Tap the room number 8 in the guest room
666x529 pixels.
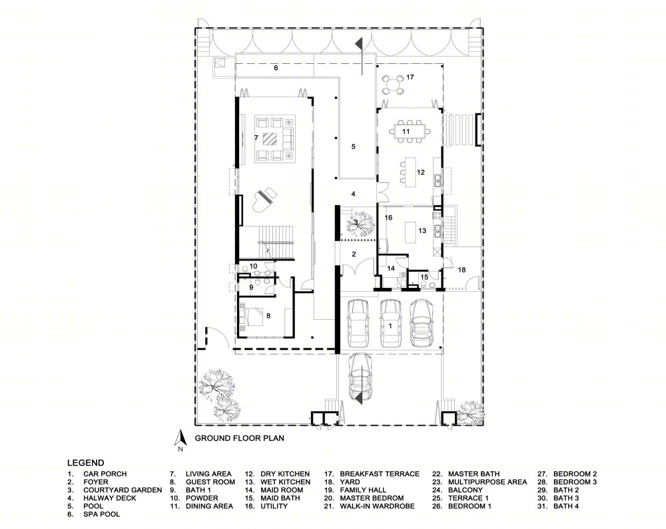[x=268, y=316]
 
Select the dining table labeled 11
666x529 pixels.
[x=406, y=131]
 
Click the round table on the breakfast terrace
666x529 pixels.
[x=393, y=85]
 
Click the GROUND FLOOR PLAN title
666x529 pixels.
[x=240, y=438]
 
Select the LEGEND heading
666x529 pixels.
[x=85, y=463]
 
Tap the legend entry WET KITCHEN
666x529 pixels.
[x=286, y=482]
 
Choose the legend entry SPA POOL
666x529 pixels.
[x=101, y=514]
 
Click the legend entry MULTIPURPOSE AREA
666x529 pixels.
[x=488, y=482]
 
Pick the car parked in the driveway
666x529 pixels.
[x=360, y=376]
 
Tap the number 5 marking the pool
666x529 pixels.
[x=354, y=147]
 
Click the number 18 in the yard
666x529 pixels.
[x=462, y=270]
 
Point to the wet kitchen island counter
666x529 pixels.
[x=410, y=233]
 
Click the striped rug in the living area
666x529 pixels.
[x=270, y=139]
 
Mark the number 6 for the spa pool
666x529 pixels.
[x=276, y=68]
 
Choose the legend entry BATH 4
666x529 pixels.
[x=565, y=506]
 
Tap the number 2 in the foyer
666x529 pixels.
[x=354, y=254]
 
